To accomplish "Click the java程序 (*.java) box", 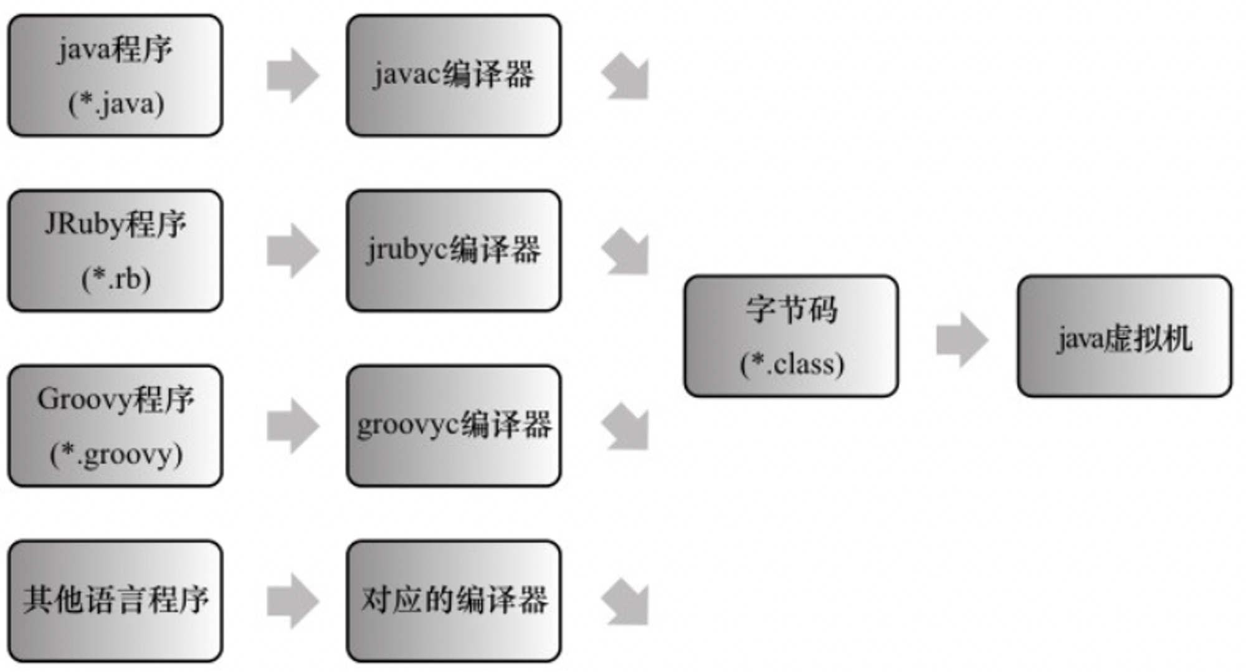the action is coord(115,75).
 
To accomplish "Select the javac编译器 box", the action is coord(454,75).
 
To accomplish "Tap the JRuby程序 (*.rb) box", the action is coord(115,251).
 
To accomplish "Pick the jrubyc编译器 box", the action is coord(454,251).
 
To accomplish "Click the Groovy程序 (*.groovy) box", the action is coord(115,426).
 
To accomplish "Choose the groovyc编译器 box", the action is coord(454,426).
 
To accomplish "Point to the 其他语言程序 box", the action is coord(115,601).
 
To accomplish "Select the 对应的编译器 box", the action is coord(454,601).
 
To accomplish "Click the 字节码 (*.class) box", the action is coord(791,336).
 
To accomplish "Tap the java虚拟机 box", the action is coord(1125,336).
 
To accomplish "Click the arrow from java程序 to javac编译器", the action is coord(293,75).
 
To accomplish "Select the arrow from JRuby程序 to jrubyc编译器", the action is coord(293,251).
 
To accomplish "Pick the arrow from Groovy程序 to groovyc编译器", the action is coord(293,426).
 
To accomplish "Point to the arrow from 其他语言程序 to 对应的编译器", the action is coord(293,601).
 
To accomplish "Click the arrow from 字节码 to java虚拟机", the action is coord(963,340).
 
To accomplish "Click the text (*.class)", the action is coord(792,364).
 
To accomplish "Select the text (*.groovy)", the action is coord(116,454).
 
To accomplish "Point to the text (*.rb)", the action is coord(116,279).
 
